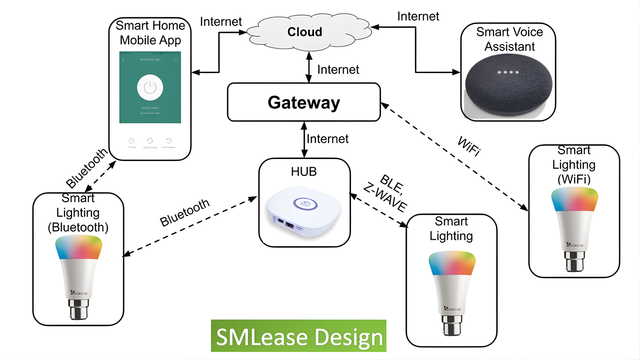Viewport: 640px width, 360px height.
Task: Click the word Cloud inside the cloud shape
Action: (x=305, y=32)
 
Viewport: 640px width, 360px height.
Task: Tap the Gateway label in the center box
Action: (x=304, y=102)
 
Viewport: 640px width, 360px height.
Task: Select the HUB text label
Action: (x=304, y=172)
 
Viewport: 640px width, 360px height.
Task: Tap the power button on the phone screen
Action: (x=150, y=88)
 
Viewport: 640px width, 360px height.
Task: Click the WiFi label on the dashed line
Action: (x=469, y=146)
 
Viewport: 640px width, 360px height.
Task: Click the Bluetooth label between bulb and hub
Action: (x=185, y=213)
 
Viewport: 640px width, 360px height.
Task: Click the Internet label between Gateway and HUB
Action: (x=327, y=139)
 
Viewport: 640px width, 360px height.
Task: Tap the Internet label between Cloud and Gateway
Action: (x=338, y=70)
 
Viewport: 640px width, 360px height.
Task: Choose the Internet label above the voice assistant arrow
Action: (x=418, y=16)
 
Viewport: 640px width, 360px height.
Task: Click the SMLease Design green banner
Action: (x=299, y=336)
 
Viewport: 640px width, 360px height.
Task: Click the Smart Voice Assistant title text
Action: (x=509, y=39)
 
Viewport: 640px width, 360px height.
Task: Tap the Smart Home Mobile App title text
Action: (x=150, y=33)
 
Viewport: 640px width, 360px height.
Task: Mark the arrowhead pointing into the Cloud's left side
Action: (x=243, y=32)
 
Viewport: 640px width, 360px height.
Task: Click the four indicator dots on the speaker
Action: (x=508, y=72)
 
